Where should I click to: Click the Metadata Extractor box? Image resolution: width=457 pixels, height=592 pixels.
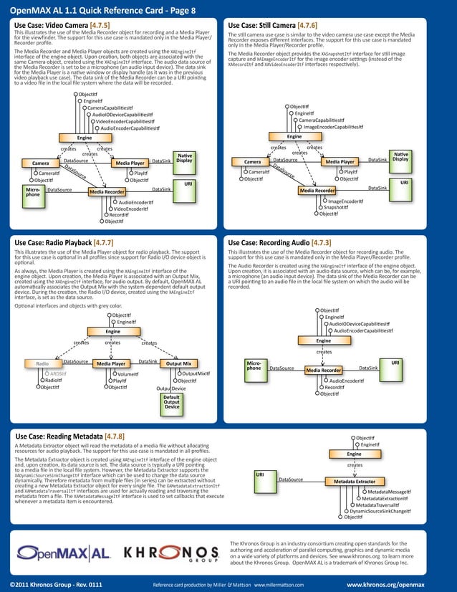pyautogui.click(x=355, y=482)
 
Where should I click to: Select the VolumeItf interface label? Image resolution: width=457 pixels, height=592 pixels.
pyautogui.click(x=128, y=373)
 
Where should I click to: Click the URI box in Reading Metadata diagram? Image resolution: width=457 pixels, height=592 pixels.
pyautogui.click(x=260, y=474)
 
